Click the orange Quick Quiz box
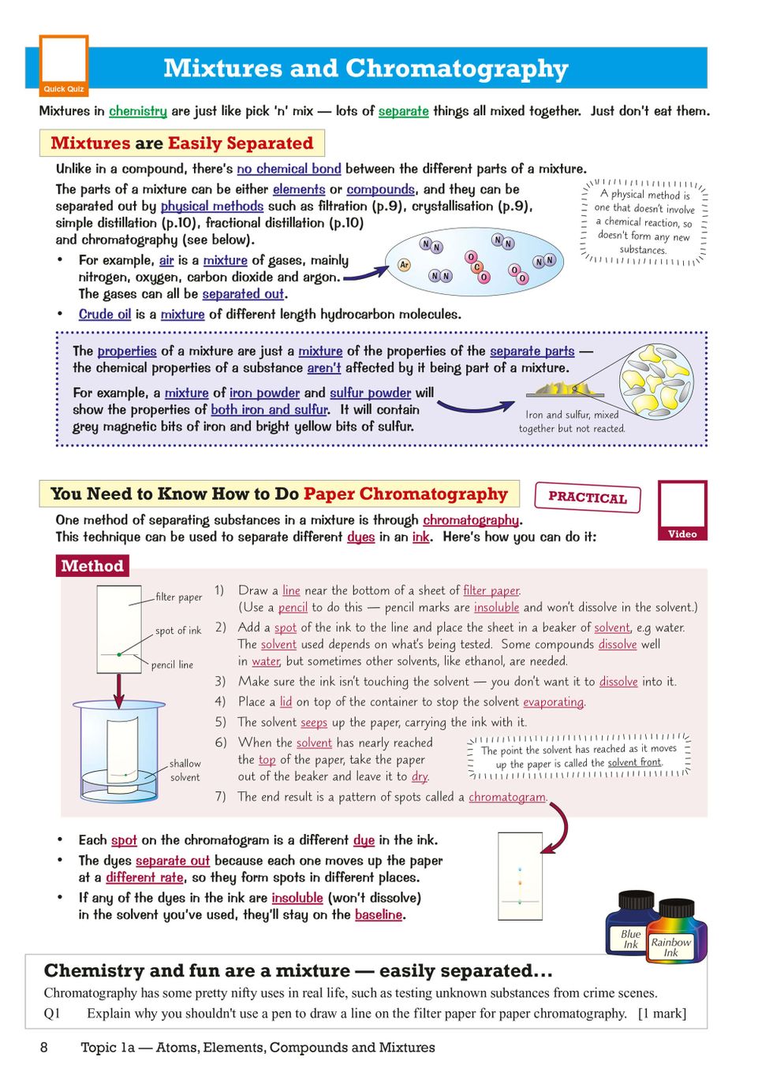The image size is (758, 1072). tap(64, 65)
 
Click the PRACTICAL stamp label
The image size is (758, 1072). tap(588, 497)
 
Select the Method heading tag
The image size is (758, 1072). tap(92, 566)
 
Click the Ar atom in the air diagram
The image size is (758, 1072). tap(404, 265)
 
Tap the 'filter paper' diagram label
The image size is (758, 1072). tap(179, 597)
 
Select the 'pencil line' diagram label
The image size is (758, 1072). tap(172, 664)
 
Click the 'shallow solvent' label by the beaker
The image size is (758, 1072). tap(185, 770)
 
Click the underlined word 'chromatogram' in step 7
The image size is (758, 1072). tap(507, 797)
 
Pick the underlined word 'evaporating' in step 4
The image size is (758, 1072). tap(554, 702)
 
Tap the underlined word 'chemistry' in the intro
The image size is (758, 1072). tap(138, 111)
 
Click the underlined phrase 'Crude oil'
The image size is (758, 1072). tap(105, 314)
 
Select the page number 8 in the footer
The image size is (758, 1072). tap(44, 1047)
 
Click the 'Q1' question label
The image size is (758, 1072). tap(52, 1014)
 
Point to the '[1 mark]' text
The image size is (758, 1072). tap(662, 1014)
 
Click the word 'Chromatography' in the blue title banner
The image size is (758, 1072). tap(457, 69)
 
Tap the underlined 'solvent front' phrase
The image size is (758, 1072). tap(635, 762)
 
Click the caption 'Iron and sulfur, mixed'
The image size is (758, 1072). tap(572, 415)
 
